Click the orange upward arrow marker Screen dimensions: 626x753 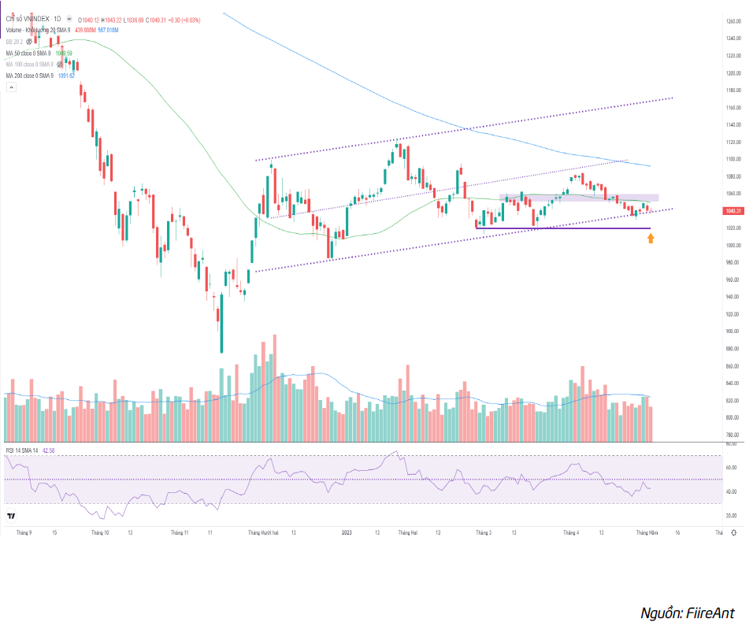click(x=651, y=238)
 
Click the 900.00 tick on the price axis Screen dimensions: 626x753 click(x=733, y=332)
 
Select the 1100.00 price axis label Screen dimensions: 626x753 click(x=733, y=159)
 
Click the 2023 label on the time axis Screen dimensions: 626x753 click(x=347, y=533)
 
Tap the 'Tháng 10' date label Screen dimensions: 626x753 click(x=100, y=533)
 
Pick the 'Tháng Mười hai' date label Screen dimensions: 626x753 click(x=264, y=533)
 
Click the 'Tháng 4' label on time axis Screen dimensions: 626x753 click(x=571, y=533)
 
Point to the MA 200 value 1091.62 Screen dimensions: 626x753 click(x=66, y=76)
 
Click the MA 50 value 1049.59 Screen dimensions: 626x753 click(x=64, y=53)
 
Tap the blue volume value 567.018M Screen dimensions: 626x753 click(x=108, y=30)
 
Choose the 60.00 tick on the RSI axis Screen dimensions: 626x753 click(x=731, y=468)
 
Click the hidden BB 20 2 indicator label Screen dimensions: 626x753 click(x=14, y=41)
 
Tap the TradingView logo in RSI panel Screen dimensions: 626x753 click(x=12, y=517)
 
